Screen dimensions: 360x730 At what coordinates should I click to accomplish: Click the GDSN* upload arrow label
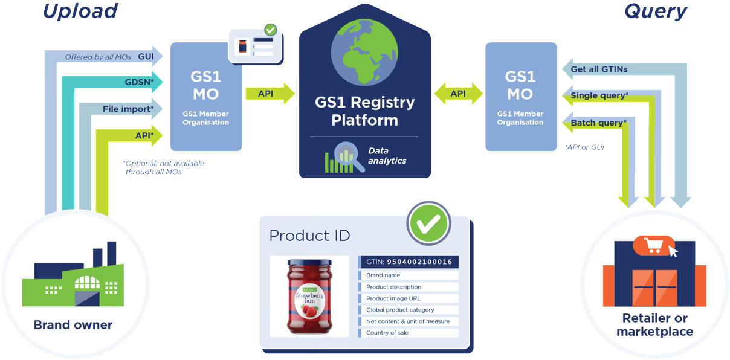139,82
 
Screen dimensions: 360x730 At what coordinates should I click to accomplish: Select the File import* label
128,109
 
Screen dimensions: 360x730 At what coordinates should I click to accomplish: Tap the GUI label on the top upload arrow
145,56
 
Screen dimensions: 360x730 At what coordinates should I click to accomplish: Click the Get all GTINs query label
599,69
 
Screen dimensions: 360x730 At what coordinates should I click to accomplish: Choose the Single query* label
599,96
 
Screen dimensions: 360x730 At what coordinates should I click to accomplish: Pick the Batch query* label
598,123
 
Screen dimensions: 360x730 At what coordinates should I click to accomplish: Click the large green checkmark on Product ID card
428,223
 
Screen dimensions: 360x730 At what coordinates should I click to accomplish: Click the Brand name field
383,275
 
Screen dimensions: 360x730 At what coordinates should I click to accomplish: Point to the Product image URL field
393,298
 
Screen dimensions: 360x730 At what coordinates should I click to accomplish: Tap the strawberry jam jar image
308,296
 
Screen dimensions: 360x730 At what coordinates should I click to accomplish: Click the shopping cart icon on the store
653,245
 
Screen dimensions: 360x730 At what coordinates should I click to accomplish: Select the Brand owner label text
73,325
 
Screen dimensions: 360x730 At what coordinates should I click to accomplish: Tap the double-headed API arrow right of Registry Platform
458,93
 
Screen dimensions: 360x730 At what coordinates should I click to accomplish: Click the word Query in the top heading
655,10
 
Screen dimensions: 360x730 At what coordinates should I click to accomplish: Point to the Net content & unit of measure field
408,321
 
